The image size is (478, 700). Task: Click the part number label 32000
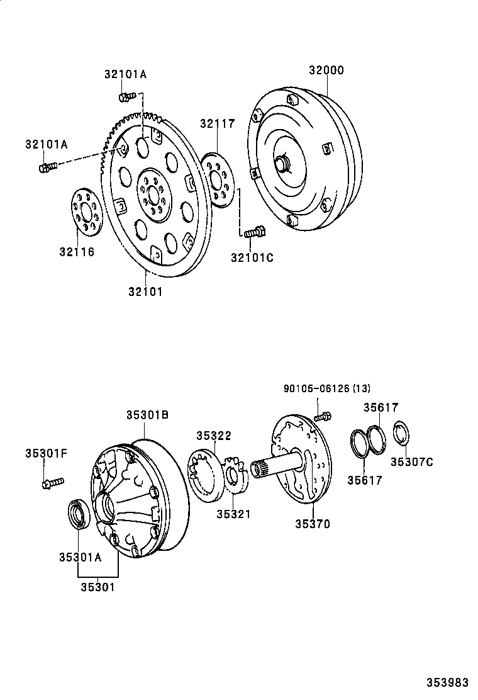326,71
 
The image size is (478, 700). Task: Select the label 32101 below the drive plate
145,291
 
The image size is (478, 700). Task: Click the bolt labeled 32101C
254,232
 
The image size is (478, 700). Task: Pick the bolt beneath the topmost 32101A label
127,96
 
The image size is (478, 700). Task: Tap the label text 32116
77,252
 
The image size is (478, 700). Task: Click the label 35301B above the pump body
147,415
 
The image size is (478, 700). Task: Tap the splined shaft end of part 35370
262,469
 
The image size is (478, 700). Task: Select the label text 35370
313,523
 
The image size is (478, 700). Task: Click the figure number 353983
447,682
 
